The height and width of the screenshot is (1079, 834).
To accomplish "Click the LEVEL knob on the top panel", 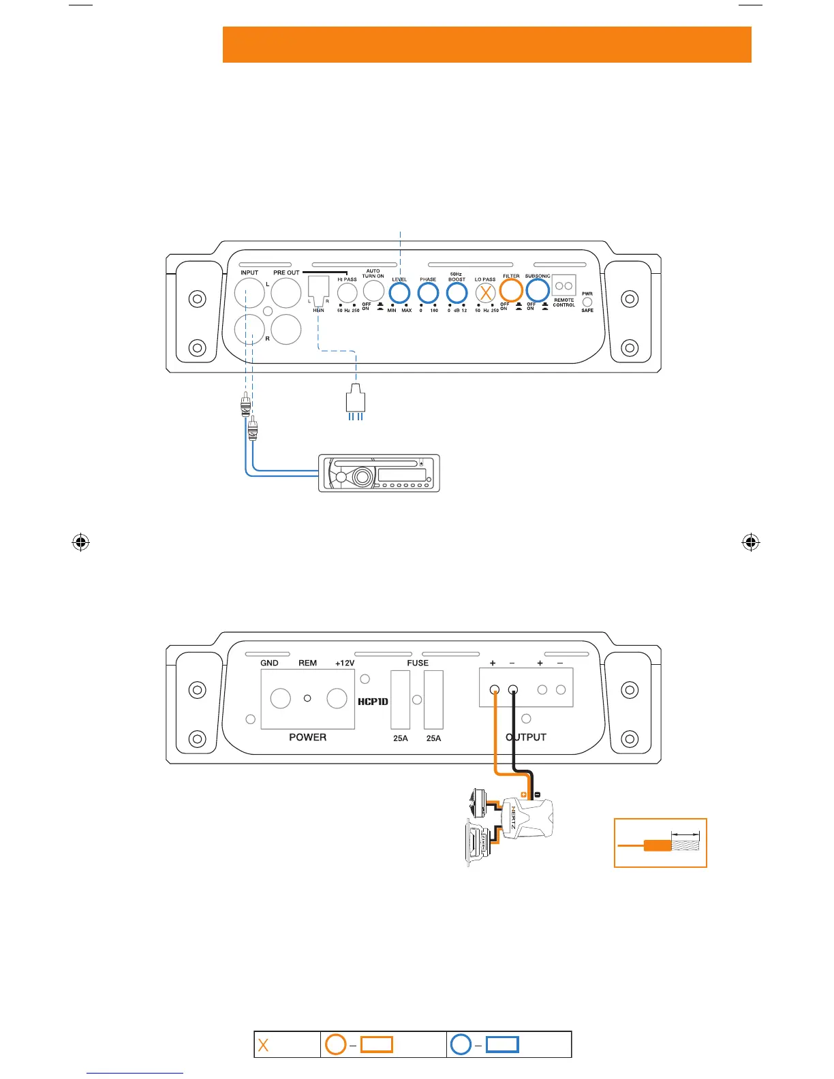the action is pos(399,294).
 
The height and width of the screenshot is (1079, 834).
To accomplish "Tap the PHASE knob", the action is pos(428,294).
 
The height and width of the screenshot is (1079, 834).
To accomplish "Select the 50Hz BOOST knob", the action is pos(457,294).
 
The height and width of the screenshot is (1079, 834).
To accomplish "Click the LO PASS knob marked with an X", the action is pos(485,294).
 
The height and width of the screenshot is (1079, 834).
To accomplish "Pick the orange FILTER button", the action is pos(511,291).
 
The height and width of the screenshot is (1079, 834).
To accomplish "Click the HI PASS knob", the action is pos(347,294).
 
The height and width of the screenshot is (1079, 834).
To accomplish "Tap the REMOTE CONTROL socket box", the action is pos(564,285).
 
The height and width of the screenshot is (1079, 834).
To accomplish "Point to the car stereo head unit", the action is pos(379,473).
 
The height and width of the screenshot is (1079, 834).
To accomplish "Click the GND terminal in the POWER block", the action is pos(281,698).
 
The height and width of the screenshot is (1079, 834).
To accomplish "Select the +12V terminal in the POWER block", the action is pos(337,698).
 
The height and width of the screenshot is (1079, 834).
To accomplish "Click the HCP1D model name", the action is pos(373,702).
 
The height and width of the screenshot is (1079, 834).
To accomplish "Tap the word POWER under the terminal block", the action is pos(307,737).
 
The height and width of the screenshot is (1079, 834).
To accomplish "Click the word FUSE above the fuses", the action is pos(418,663).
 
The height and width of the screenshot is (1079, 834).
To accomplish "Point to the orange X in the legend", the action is pos(263,1045).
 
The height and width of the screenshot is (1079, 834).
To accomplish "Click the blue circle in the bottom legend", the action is pos(461,1044).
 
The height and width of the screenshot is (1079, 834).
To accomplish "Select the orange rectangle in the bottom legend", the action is pos(376,1044).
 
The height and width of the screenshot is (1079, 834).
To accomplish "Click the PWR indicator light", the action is pos(587,302).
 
